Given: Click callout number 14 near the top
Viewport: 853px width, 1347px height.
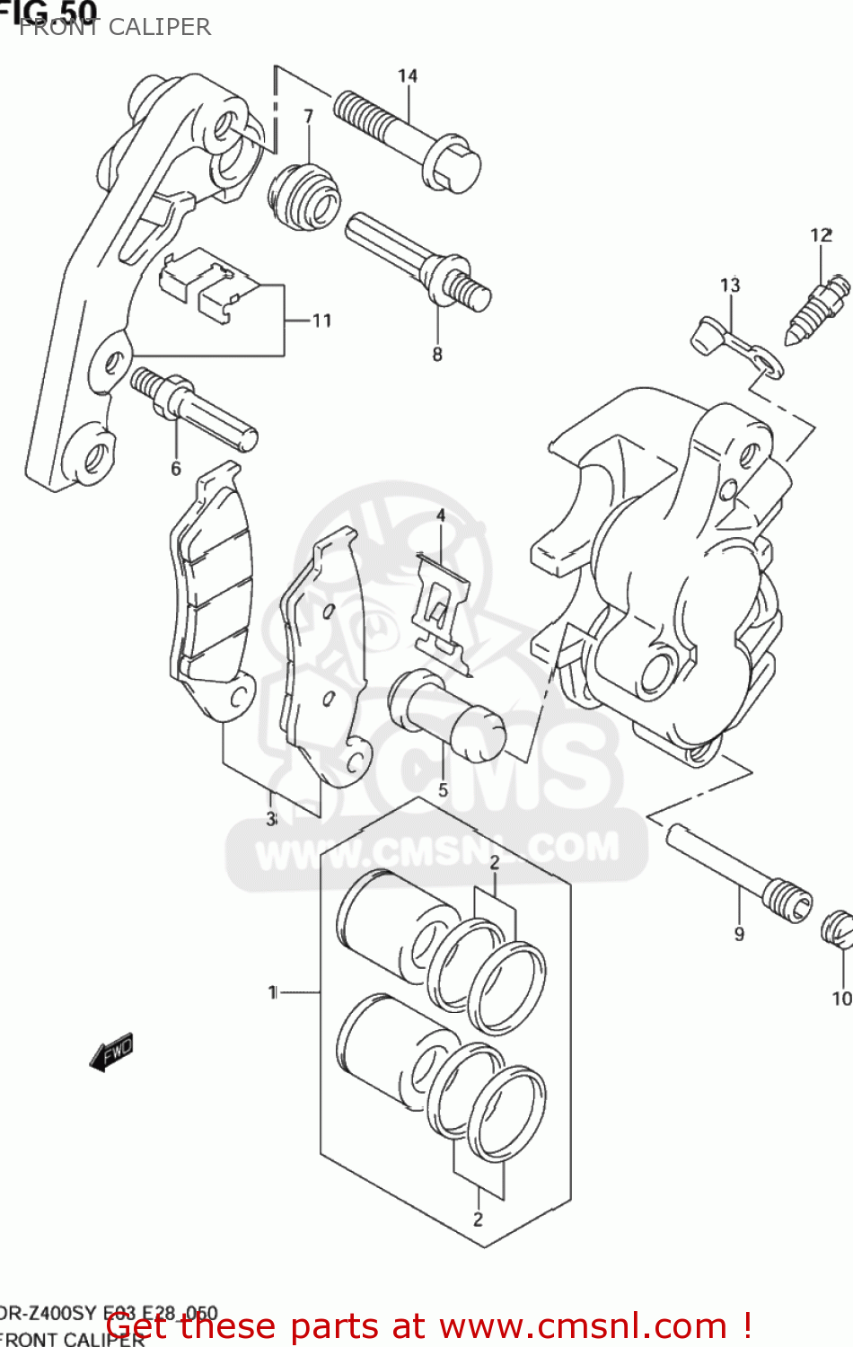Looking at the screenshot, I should point(408,75).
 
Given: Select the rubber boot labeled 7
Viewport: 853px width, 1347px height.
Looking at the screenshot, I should point(305,197).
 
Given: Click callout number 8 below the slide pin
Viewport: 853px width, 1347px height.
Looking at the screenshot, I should point(437,354).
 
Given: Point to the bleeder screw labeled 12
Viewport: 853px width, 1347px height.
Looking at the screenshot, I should point(819,308).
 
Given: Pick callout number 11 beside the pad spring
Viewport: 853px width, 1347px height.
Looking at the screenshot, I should point(321,321).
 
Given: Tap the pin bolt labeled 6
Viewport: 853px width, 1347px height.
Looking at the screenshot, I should point(194,409).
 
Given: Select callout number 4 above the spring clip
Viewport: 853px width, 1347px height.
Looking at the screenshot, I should point(441,515).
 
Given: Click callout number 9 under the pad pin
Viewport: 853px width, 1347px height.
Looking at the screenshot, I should point(739,934).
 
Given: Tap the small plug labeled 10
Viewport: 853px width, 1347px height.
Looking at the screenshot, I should point(837,929).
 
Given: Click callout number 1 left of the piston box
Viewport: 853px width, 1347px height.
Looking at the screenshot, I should point(272,992).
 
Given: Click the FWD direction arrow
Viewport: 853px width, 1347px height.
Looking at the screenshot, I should point(112,1052).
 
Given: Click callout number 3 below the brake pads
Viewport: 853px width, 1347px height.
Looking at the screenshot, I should point(270,819).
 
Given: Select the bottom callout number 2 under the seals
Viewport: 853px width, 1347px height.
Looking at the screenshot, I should point(478,1219).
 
